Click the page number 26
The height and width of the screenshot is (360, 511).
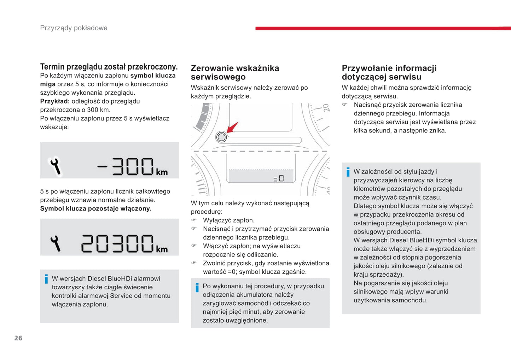pyautogui.click(x=18, y=338)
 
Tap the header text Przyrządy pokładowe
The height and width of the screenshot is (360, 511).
pyautogui.click(x=74, y=28)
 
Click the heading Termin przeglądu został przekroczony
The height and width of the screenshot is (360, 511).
pyautogui.click(x=109, y=67)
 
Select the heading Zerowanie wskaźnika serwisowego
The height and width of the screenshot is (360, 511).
pyautogui.click(x=235, y=72)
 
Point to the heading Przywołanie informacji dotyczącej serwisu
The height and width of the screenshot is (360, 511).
pyautogui.click(x=389, y=72)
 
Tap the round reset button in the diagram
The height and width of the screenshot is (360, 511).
pyautogui.click(x=221, y=137)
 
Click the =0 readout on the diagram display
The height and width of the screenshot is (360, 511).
pyautogui.click(x=279, y=178)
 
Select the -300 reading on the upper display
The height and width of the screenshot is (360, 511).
pyautogui.click(x=127, y=166)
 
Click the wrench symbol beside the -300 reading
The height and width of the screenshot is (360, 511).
pyautogui.click(x=55, y=166)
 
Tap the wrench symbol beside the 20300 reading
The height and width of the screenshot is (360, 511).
pyautogui.click(x=55, y=243)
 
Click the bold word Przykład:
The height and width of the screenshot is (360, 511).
pyautogui.click(x=55, y=101)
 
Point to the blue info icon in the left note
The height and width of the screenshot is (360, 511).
pyautogui.click(x=46, y=279)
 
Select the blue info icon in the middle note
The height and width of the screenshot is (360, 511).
pyautogui.click(x=197, y=287)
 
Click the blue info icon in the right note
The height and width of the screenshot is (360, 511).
pyautogui.click(x=348, y=172)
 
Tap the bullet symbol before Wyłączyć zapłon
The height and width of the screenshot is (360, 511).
pyautogui.click(x=194, y=220)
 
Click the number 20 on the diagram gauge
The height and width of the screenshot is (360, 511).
pyautogui.click(x=326, y=108)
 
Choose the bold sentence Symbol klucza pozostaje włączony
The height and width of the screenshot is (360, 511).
pyautogui.click(x=95, y=208)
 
